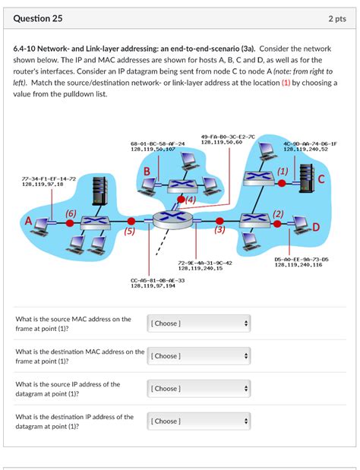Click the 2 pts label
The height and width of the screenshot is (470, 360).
click(x=338, y=17)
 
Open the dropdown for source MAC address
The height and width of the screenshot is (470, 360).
click(x=198, y=323)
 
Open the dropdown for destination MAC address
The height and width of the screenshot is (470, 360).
click(x=198, y=355)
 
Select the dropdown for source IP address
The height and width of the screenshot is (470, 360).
click(x=198, y=388)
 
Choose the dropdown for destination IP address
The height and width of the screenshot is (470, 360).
click(x=198, y=421)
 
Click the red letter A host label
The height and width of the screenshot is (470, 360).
click(x=30, y=221)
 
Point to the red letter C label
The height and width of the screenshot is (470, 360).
click(x=321, y=179)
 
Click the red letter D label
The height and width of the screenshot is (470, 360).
click(x=317, y=227)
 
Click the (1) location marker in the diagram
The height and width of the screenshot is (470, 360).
click(x=283, y=172)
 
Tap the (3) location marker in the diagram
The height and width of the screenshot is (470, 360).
click(x=220, y=229)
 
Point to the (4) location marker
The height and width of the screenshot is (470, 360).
click(x=190, y=200)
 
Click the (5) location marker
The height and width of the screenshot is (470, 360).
click(x=130, y=231)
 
